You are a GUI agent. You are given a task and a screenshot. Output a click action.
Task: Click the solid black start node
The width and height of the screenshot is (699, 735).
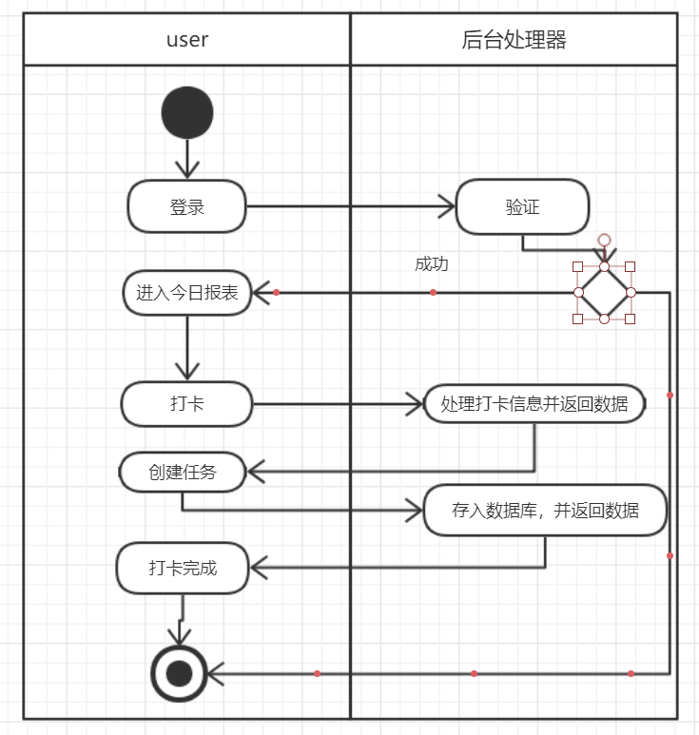(187, 113)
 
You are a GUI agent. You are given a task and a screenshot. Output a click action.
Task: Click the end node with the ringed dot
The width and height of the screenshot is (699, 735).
(179, 673)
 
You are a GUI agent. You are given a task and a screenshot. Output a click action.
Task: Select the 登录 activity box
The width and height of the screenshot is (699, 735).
(187, 206)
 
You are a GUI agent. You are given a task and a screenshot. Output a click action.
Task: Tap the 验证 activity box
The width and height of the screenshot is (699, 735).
(522, 206)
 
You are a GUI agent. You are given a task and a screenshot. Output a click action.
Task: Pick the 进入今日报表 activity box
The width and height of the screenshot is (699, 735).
(187, 292)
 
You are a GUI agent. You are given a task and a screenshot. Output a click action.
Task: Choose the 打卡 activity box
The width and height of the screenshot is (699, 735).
(186, 404)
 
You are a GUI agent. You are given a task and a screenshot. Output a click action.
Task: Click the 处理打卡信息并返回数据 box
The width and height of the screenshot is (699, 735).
(534, 404)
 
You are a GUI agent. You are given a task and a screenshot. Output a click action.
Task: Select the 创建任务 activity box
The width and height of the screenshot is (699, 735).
(183, 472)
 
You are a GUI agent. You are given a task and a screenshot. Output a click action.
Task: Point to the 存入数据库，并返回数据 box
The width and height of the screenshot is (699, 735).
(545, 511)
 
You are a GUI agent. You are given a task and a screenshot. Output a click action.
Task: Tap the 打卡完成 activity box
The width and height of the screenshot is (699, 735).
(183, 569)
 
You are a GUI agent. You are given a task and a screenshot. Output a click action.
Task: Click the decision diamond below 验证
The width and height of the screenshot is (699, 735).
(604, 292)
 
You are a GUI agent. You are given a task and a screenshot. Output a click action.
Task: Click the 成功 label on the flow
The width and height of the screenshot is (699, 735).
(431, 264)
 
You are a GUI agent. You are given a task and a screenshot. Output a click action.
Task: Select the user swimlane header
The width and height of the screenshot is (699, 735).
(187, 40)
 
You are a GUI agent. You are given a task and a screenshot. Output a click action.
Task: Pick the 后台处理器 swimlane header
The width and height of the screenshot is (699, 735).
(514, 40)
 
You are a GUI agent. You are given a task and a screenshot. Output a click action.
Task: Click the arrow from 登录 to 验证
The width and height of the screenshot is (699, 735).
(352, 206)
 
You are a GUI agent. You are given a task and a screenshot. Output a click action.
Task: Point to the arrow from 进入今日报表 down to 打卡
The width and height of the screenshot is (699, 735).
(187, 347)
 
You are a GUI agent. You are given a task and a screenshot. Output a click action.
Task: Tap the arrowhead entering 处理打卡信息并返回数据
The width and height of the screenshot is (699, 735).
(415, 404)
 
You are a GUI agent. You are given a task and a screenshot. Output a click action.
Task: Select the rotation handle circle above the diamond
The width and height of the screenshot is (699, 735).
(604, 241)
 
